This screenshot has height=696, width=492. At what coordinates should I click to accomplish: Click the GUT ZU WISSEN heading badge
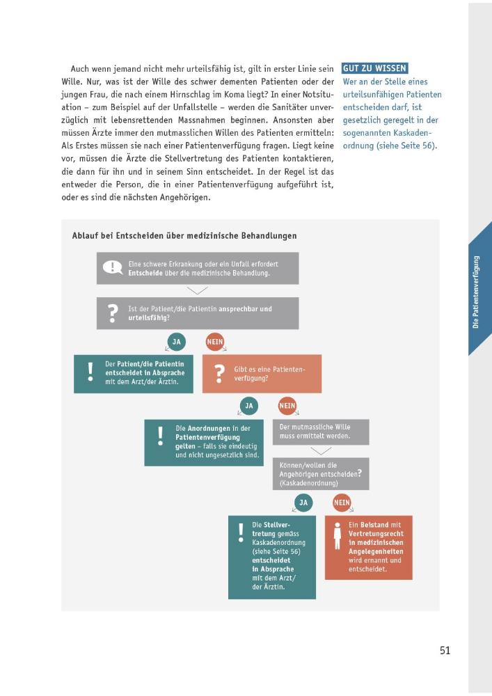(374, 68)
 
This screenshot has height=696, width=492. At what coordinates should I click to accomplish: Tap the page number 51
(445, 650)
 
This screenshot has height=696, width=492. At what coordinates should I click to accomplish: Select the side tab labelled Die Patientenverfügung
(477, 292)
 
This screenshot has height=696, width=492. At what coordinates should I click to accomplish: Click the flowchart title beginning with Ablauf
(184, 235)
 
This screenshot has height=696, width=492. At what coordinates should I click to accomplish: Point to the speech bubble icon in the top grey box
(111, 268)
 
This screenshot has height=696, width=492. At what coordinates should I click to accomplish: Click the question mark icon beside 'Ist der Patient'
(112, 313)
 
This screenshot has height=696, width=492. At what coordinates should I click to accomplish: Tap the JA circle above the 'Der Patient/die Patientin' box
(177, 342)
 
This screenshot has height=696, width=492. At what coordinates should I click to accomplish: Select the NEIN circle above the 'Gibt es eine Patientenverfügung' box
(215, 342)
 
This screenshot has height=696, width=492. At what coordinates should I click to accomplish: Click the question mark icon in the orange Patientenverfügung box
(220, 374)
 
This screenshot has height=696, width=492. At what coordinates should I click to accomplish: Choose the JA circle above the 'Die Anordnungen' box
(249, 406)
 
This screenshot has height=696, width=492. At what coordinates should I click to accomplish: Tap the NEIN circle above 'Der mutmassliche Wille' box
(287, 406)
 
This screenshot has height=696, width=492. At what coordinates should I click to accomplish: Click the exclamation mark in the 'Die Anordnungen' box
(160, 436)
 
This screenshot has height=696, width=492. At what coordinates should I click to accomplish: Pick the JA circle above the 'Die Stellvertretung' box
(303, 502)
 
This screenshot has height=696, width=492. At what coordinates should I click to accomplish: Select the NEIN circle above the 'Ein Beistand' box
(342, 502)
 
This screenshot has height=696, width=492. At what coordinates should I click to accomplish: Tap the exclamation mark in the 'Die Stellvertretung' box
(241, 532)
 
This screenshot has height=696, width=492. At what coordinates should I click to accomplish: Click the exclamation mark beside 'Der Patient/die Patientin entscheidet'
(90, 372)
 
